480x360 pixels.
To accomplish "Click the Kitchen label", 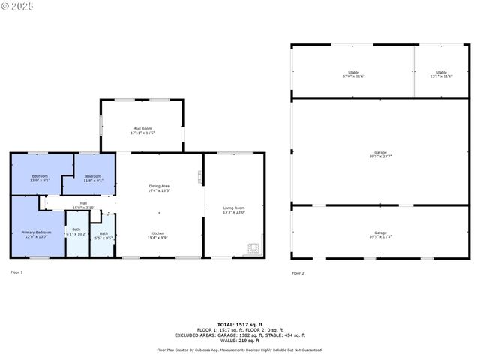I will pos(158,235).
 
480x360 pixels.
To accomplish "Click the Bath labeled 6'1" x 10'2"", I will pos(76,231).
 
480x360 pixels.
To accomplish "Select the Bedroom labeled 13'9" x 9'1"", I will pos(40,178).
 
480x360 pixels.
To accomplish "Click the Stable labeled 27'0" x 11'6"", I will pos(353,74).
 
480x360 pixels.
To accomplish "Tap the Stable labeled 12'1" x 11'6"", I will pos(441,74).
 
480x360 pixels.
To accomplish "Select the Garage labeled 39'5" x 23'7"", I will pos(381,154).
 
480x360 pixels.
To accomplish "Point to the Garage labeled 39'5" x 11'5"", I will pos(381,234).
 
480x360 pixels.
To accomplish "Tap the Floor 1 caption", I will pos(16,271).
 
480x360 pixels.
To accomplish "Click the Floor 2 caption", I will pos(298,273).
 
